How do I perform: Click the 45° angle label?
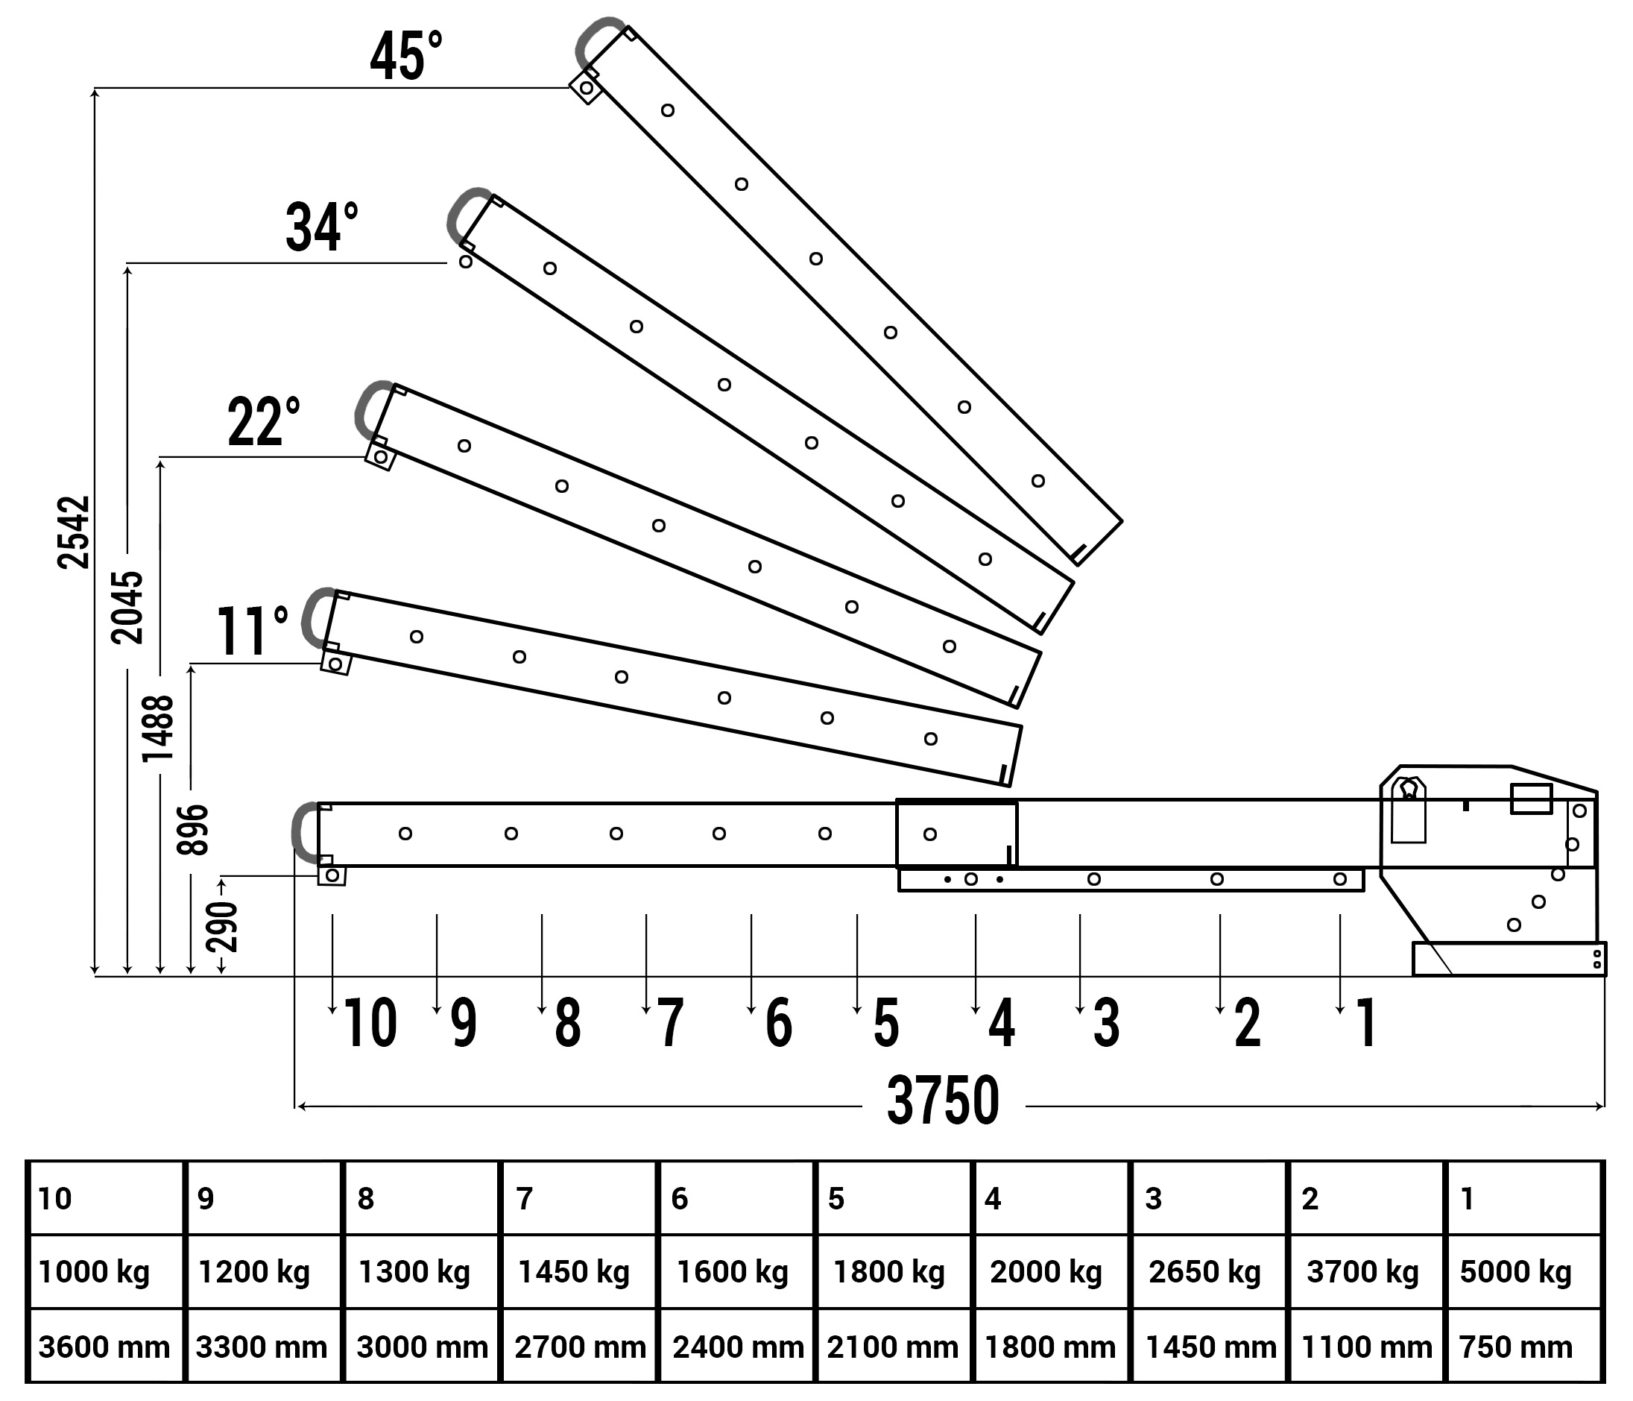406,56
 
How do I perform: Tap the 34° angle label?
321,227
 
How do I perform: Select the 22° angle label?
264,422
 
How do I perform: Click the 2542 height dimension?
74,532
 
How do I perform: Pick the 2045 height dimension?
127,608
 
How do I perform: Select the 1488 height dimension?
157,728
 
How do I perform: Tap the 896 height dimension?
192,829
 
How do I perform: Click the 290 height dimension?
221,925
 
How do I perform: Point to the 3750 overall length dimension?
944,1101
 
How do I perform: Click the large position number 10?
370,1024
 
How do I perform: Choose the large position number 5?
887,1024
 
